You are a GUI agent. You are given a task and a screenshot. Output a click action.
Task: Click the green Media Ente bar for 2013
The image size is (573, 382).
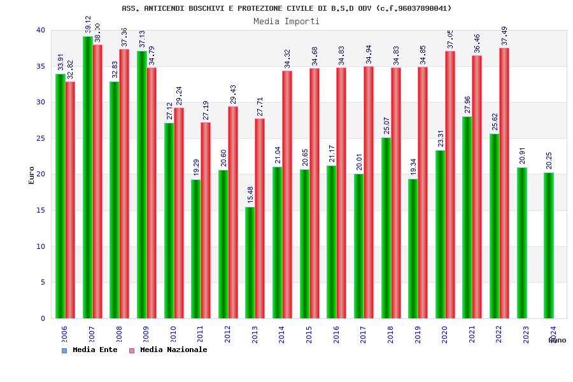(250, 262)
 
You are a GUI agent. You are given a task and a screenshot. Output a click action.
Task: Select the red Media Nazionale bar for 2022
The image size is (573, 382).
(504, 183)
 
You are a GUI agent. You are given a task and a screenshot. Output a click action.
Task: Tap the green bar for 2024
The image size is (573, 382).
(549, 245)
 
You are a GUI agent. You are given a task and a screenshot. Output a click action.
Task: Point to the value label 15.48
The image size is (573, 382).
(250, 194)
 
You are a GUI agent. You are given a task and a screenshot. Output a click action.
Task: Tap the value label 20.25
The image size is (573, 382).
(549, 160)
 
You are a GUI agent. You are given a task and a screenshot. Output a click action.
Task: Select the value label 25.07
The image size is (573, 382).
(386, 125)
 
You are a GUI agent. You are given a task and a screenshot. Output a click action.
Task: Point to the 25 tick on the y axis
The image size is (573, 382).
(40, 138)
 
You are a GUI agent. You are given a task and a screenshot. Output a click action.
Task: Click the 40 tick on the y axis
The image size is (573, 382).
(40, 30)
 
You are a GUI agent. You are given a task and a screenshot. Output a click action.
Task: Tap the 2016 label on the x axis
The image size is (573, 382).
(336, 334)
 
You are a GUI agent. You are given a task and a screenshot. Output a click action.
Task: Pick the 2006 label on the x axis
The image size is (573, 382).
(64, 334)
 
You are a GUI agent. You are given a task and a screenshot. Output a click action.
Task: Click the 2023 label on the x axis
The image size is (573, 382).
(526, 334)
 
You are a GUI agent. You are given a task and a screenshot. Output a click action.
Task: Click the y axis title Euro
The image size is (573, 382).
(32, 174)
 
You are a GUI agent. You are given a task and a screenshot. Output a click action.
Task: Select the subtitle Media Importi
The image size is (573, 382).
(286, 21)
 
